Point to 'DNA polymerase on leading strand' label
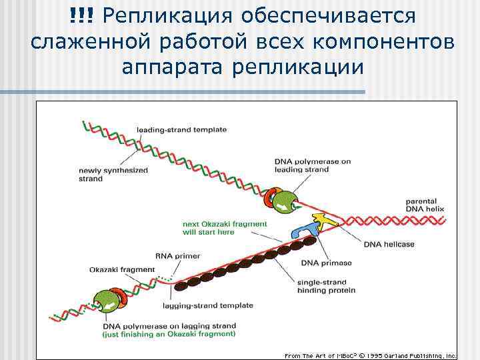(312, 165)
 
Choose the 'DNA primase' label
(326, 263)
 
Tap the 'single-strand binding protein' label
(326, 286)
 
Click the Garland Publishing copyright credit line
(370, 355)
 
